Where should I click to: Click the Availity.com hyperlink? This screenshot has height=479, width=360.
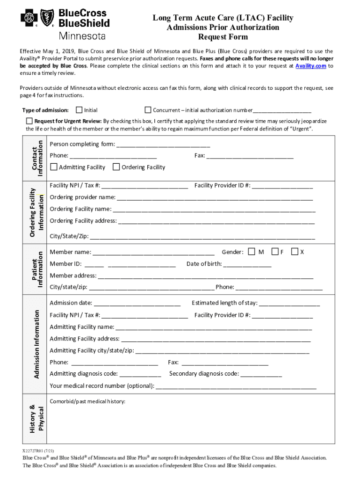(x=307, y=66)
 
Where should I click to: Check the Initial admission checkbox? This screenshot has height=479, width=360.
(x=79, y=110)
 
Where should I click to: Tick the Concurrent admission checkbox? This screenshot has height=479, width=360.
(x=148, y=110)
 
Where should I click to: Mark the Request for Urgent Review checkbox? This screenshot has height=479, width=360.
(x=29, y=121)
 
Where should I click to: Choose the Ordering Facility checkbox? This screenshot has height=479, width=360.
(x=116, y=167)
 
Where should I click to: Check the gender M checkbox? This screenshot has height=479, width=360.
(x=252, y=252)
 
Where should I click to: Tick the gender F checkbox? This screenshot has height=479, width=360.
(x=275, y=252)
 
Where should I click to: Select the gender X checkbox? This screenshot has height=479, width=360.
(x=295, y=252)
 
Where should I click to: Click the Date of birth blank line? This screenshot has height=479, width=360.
(x=247, y=265)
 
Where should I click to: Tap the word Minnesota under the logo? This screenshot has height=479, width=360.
(x=82, y=36)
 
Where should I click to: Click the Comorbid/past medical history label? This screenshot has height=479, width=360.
(x=87, y=401)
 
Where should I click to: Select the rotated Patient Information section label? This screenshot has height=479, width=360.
(x=37, y=269)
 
